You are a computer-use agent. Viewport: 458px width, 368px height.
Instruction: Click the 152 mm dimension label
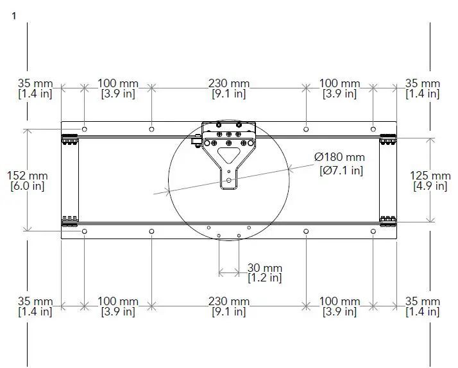pyautogui.click(x=27, y=176)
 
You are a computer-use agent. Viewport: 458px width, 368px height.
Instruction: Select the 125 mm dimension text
pyautogui.click(x=430, y=176)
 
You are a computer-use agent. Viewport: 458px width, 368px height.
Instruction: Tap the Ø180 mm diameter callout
pyautogui.click(x=339, y=157)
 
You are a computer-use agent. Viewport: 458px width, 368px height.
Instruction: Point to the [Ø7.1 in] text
pyautogui.click(x=341, y=170)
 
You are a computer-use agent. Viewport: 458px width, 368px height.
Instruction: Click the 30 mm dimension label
pyautogui.click(x=265, y=267)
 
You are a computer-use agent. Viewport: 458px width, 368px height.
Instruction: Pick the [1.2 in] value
pyautogui.click(x=265, y=278)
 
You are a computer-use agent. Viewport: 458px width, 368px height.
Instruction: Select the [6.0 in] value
pyautogui.click(x=27, y=186)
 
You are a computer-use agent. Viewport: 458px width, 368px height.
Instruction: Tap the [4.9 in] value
pyautogui.click(x=430, y=186)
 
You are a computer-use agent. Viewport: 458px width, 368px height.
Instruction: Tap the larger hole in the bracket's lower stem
pyautogui.click(x=230, y=181)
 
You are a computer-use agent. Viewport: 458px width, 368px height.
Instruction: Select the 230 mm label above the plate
pyautogui.click(x=230, y=83)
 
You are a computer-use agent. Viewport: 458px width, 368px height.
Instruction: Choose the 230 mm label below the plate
pyautogui.click(x=230, y=301)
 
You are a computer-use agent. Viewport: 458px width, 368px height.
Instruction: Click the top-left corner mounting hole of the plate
pyautogui.click(x=84, y=128)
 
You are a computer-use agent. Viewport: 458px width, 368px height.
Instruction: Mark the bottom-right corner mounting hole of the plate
pyautogui.click(x=374, y=231)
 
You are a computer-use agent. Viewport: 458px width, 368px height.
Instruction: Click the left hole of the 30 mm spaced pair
pyautogui.click(x=219, y=236)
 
